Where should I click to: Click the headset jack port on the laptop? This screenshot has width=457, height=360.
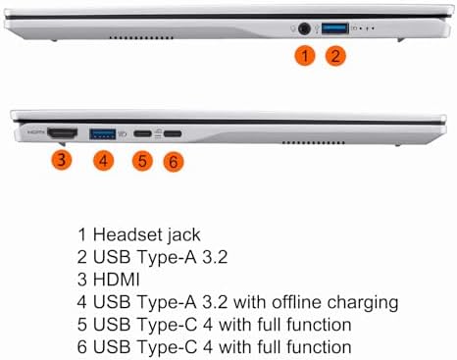[304, 28]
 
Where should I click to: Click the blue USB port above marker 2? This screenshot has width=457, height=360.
[335, 28]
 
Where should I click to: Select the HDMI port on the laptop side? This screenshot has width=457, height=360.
[62, 133]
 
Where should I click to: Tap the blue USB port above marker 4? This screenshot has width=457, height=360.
[102, 133]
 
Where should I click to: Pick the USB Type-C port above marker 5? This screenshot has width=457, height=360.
[142, 133]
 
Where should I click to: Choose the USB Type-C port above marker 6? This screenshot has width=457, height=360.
[173, 133]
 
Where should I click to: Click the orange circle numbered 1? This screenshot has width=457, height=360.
[305, 56]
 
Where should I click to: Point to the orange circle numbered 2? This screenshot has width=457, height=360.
[335, 56]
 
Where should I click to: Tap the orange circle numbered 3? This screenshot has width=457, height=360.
[62, 160]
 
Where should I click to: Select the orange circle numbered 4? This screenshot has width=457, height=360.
[103, 161]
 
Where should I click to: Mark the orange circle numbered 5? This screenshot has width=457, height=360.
[142, 161]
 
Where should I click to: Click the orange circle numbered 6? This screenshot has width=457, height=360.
[174, 162]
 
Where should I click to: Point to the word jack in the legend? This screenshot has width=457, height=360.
[184, 235]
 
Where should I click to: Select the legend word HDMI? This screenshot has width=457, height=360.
[117, 280]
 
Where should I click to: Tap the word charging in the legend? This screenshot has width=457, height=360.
[363, 303]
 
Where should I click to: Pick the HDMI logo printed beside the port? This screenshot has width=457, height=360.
[36, 132]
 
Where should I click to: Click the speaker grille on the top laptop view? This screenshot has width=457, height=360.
[141, 38]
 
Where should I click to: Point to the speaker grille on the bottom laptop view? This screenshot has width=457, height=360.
[313, 143]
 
